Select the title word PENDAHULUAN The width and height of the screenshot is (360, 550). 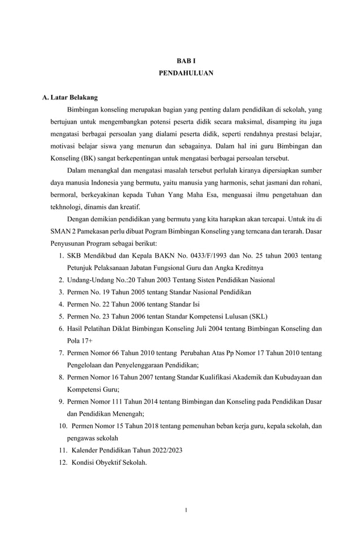click(186, 73)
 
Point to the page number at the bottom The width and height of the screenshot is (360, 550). click(186, 510)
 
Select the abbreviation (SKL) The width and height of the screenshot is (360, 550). click(256, 316)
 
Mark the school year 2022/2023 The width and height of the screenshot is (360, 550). click(165, 450)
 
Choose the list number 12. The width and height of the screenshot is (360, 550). click(63, 462)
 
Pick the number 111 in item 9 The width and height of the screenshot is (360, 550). click(121, 401)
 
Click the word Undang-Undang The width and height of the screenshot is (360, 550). click(89, 280)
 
